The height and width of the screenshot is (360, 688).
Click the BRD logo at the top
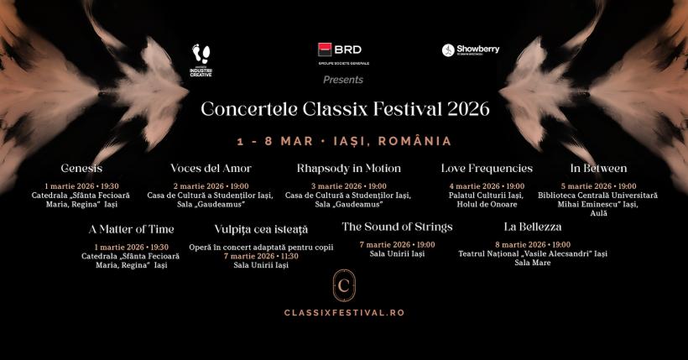coord(343,50)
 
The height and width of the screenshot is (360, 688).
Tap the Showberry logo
coord(471,50)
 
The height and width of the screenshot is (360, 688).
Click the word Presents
coord(343,80)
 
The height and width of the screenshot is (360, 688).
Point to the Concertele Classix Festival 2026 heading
coord(345,109)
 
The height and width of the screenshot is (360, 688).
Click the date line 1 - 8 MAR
coord(344,141)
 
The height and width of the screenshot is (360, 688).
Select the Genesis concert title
coord(81,169)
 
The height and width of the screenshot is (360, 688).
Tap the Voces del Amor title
coord(211,169)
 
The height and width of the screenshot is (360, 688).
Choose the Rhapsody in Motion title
coord(348,169)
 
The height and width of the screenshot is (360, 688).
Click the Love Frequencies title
coord(487,169)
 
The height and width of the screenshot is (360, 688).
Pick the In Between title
coord(598,169)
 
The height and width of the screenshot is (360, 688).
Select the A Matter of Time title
coord(131,229)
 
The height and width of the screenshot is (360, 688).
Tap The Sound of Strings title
coord(397,227)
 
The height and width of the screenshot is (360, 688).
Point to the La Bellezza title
coord(533,227)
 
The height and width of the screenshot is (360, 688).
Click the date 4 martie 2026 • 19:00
coord(487,186)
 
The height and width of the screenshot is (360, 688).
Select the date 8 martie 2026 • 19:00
coord(533,244)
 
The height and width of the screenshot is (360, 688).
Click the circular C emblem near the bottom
coord(344,285)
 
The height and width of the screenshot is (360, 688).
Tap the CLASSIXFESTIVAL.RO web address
coord(344,312)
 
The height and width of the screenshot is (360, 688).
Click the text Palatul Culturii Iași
coord(487,196)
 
